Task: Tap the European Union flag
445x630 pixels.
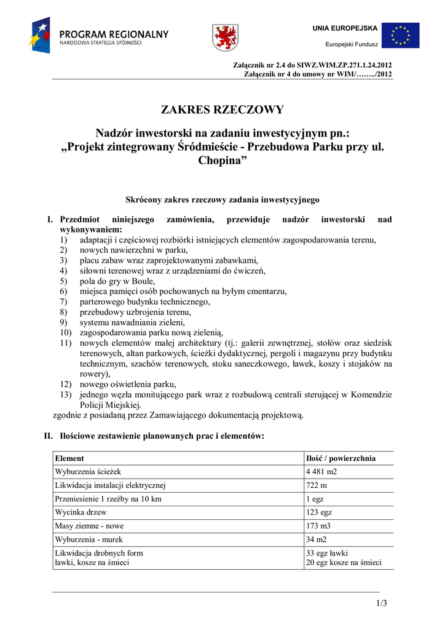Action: [x=400, y=35]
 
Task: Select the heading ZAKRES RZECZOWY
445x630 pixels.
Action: [x=222, y=110]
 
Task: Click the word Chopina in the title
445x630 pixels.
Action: [x=222, y=161]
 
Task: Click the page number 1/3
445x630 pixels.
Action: [x=382, y=603]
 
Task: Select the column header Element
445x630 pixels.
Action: [x=69, y=458]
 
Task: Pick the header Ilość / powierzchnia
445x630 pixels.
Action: [x=341, y=458]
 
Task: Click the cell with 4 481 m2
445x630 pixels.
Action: [x=321, y=472]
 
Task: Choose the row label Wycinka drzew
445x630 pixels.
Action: [x=81, y=512]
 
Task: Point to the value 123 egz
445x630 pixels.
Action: [x=319, y=512]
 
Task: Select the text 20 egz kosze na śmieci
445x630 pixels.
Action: [x=344, y=562]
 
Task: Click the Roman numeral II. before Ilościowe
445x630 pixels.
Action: [x=48, y=436]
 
